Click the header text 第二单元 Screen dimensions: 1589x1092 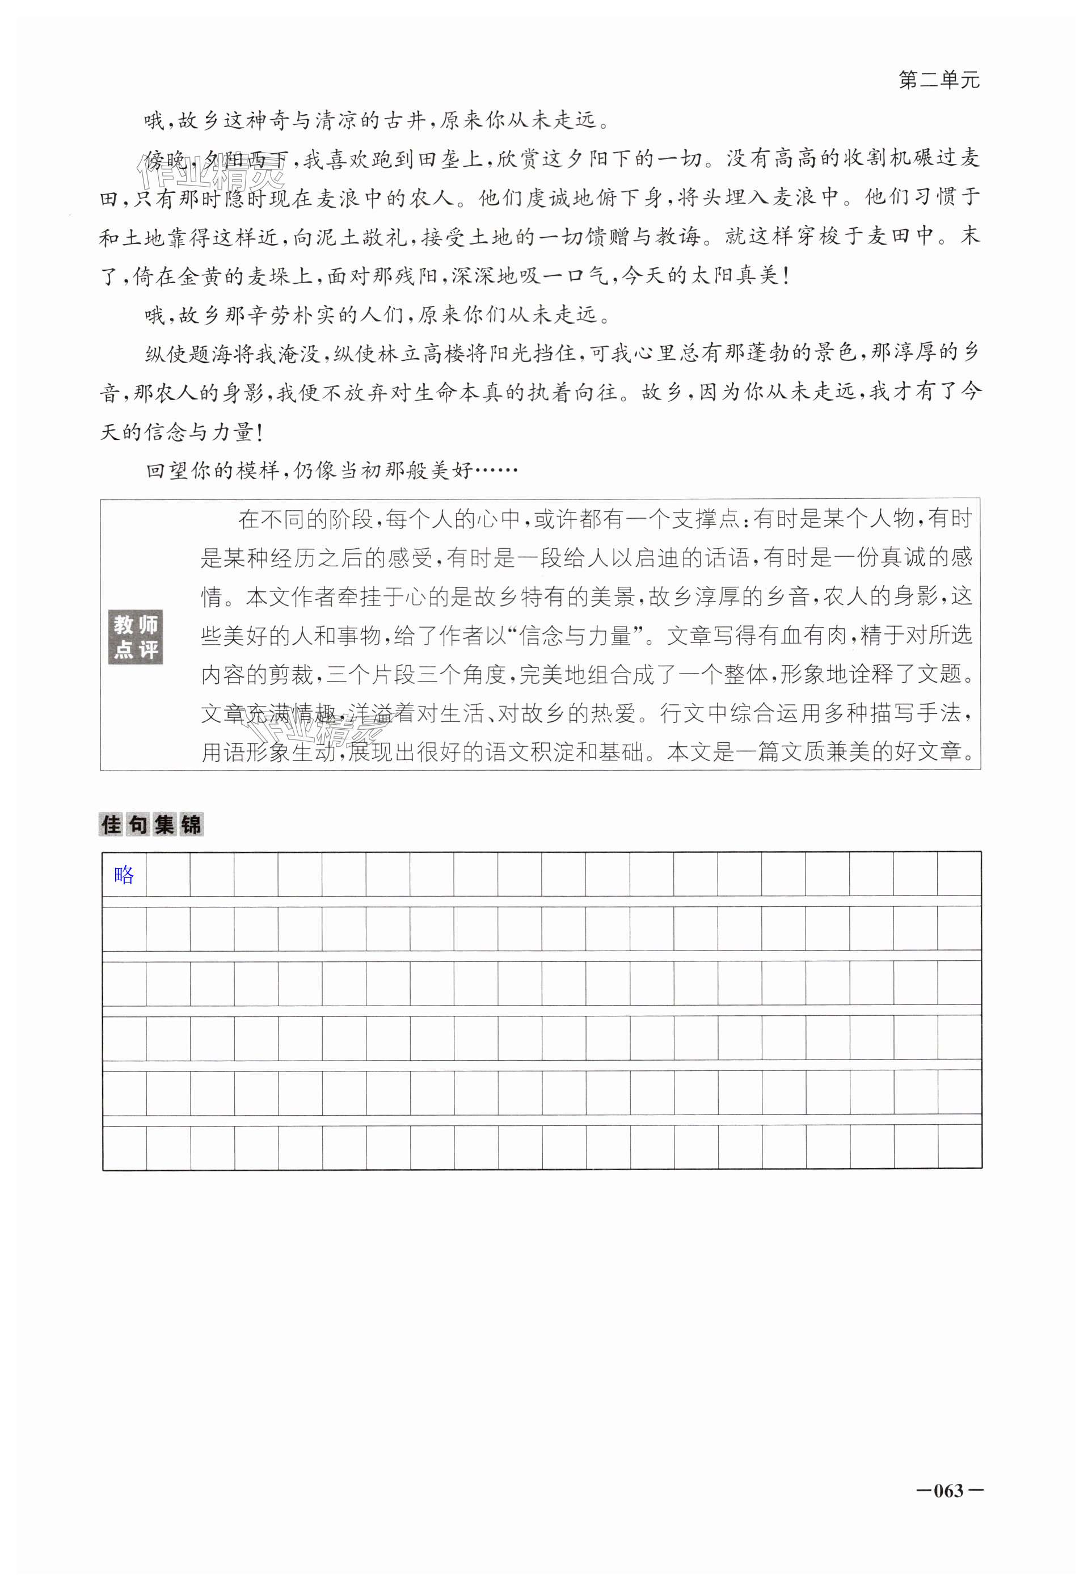(938, 81)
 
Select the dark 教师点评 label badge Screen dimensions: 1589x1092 (136, 636)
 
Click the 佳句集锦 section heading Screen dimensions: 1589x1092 (151, 825)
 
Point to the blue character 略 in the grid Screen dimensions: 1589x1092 (124, 875)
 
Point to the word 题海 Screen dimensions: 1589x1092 (213, 354)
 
